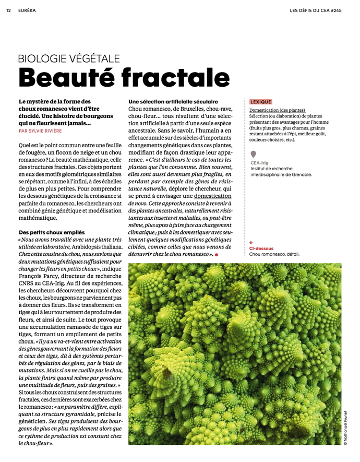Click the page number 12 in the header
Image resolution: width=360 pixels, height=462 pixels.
click(x=8, y=10)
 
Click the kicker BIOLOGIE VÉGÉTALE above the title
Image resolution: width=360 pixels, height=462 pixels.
click(x=69, y=58)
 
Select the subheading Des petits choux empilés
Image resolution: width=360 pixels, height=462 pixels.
click(x=52, y=231)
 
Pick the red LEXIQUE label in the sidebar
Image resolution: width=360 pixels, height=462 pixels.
click(x=261, y=102)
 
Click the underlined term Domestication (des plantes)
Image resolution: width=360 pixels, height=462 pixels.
click(x=277, y=110)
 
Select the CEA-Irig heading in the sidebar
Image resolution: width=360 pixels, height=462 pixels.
click(x=259, y=163)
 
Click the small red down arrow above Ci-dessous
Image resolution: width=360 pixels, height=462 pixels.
click(x=251, y=243)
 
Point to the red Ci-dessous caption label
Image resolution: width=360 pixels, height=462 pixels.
click(x=261, y=248)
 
